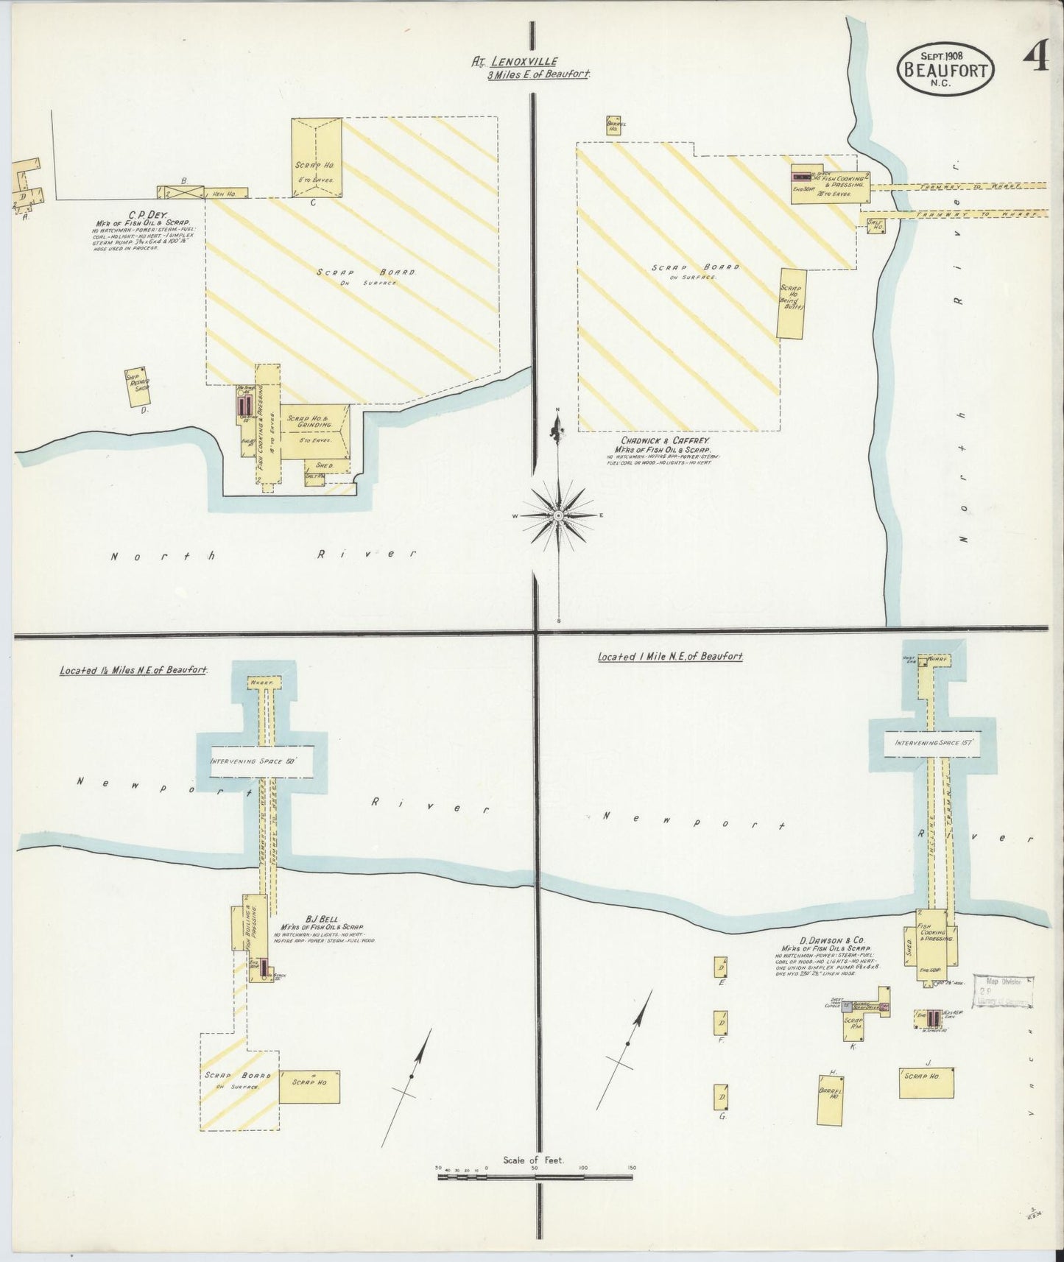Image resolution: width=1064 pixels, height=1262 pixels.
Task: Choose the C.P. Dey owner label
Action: [x=134, y=214]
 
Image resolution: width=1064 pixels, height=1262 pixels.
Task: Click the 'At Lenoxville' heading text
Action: [x=515, y=63]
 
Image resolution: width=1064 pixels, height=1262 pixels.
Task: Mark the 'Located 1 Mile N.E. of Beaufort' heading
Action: [x=670, y=656]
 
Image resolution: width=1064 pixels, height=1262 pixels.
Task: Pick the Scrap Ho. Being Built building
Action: [x=792, y=303]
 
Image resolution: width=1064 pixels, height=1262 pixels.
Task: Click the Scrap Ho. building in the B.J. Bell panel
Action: [x=309, y=1086]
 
